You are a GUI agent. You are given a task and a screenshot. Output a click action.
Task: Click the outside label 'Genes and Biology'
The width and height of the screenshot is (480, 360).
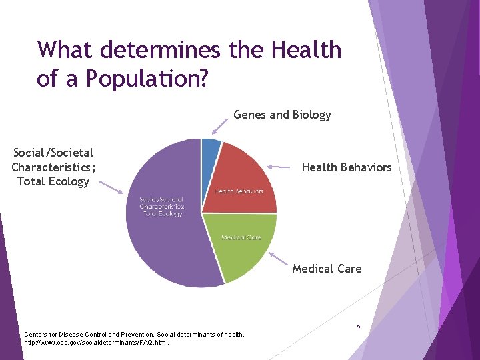pyautogui.click(x=282, y=115)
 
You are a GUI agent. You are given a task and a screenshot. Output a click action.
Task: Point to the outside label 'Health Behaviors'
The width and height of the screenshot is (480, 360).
pyautogui.click(x=347, y=167)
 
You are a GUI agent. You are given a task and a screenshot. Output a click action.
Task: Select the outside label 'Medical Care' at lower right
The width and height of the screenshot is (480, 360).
pyautogui.click(x=327, y=269)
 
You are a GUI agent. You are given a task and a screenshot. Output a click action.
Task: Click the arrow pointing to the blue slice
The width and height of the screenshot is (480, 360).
pyautogui.click(x=220, y=126)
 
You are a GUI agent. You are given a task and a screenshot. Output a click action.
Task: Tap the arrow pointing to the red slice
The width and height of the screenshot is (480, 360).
pyautogui.click(x=281, y=166)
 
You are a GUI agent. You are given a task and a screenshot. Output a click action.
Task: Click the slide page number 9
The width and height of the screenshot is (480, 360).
pyautogui.click(x=359, y=327)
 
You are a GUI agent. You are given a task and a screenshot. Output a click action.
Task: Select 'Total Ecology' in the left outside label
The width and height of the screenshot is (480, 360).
pyautogui.click(x=53, y=181)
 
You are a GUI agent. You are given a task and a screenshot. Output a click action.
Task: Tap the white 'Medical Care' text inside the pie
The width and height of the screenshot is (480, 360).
pyautogui.click(x=241, y=237)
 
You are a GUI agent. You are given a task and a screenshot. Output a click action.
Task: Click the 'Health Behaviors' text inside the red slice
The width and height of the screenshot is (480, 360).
pyautogui.click(x=239, y=191)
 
